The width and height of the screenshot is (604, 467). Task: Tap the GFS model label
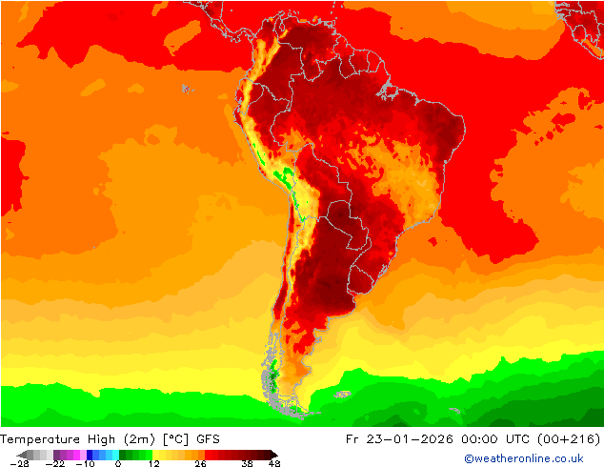pos(207,439)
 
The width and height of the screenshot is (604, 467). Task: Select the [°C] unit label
pos(175,439)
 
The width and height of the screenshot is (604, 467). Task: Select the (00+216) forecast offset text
pos(574,439)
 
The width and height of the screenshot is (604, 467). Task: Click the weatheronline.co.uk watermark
pos(524,458)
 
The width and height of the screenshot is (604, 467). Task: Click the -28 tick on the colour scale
pos(18,464)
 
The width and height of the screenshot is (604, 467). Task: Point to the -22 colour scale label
pos(54,464)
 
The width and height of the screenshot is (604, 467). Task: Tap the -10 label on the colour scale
pos(86,464)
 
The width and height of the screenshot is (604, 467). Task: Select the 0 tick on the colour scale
pos(118,464)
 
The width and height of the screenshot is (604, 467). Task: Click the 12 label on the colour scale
pos(153,464)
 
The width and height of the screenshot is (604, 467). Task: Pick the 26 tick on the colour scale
pos(200,464)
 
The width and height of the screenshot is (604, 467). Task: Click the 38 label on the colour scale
pos(246,464)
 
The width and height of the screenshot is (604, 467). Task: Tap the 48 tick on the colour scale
pos(275,464)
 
